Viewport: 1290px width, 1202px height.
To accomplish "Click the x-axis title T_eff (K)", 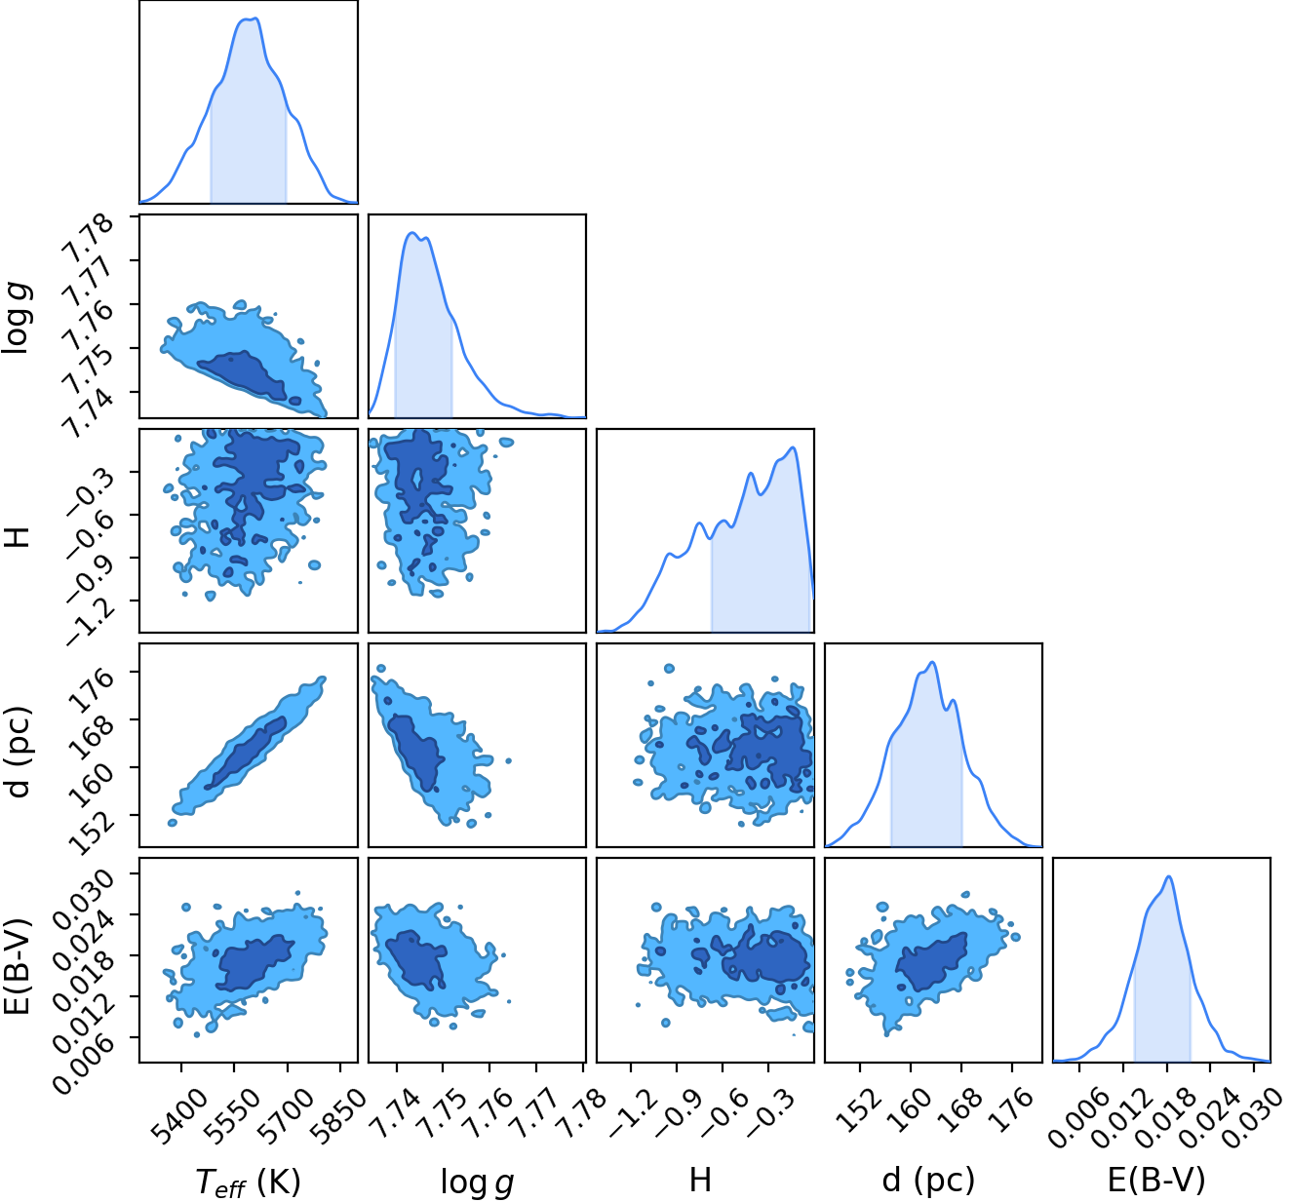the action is [248, 1181].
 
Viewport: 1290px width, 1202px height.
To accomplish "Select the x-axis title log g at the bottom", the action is [478, 1182].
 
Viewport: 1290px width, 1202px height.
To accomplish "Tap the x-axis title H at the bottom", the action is [699, 1179].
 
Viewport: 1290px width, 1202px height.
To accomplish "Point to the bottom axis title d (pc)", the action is [928, 1180].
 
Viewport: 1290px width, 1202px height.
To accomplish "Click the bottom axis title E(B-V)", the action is [1156, 1180].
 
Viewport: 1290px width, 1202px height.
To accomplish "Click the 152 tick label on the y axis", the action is [91, 833].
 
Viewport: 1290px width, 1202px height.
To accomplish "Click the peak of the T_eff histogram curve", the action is [256, 19].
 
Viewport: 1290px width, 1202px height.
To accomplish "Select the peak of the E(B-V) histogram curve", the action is [1169, 876].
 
